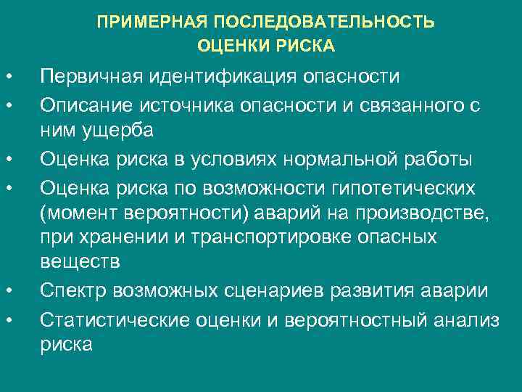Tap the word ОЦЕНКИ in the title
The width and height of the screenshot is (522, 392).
233,46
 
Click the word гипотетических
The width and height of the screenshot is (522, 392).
405,187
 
